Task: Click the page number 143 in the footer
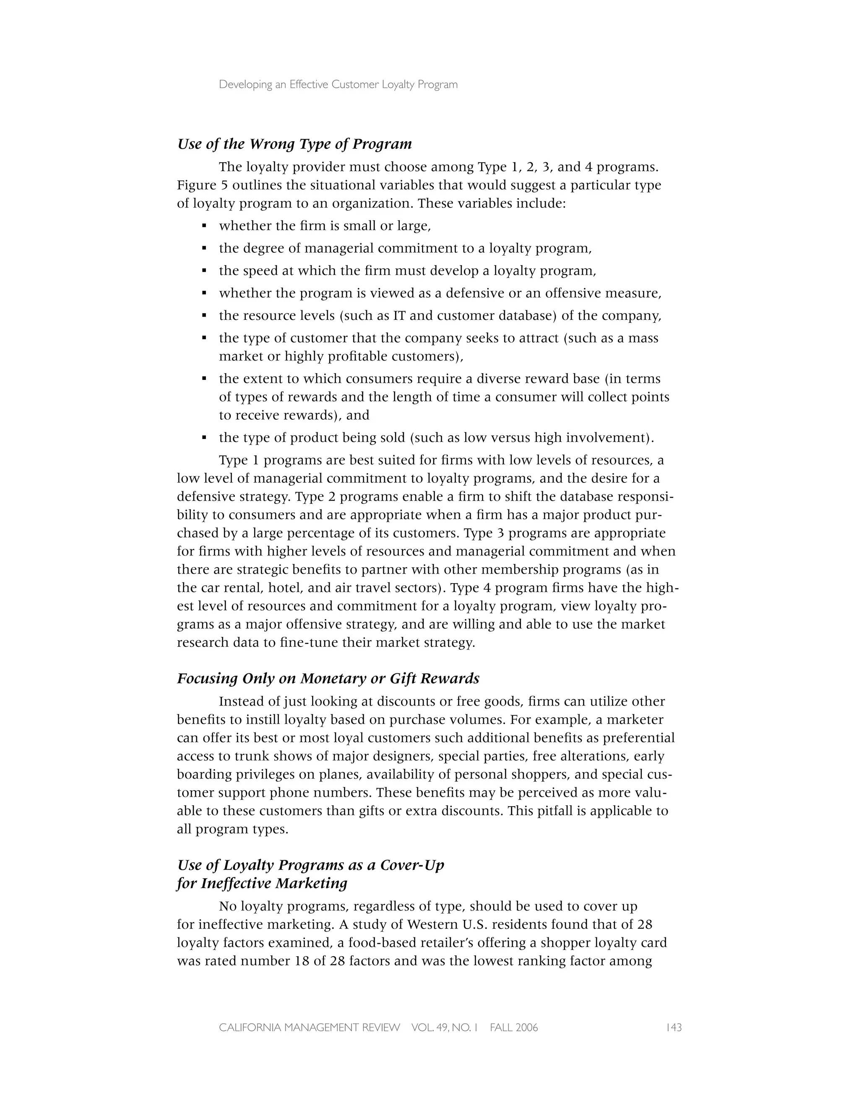673,1028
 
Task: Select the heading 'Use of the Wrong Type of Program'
294,144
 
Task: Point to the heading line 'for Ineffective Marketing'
262,883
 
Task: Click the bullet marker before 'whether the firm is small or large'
204,226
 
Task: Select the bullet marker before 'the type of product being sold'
204,437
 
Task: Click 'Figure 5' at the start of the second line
196,185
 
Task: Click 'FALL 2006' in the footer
513,1028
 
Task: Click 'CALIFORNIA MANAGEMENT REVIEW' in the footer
310,1028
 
